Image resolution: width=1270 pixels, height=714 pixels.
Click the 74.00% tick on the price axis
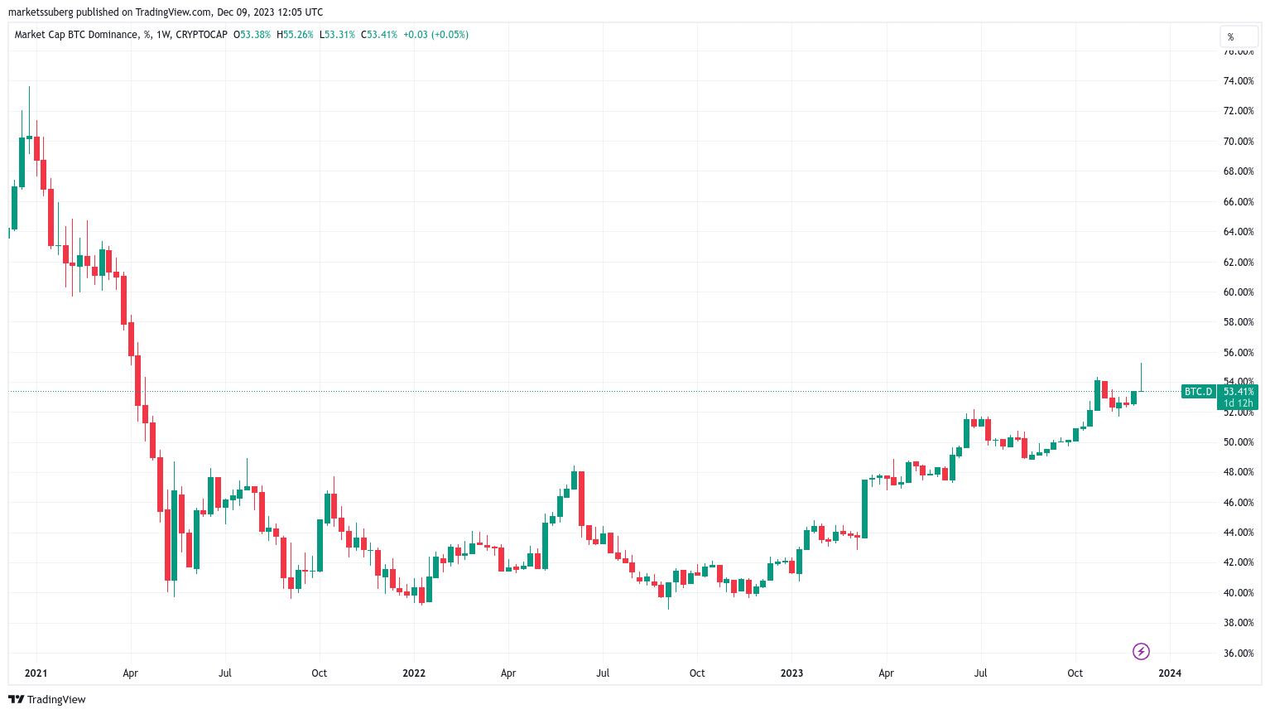1239,81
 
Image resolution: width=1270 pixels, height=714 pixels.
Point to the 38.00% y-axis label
1239,623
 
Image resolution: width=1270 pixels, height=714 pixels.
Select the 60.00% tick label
1239,292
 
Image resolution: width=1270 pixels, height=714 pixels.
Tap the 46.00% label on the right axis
1239,503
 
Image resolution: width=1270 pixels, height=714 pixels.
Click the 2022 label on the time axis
414,673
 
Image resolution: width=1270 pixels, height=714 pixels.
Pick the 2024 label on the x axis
1170,673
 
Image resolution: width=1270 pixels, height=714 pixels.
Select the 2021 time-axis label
36,673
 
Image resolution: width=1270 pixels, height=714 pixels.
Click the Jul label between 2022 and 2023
603,673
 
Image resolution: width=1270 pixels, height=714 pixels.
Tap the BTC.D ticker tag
1198,392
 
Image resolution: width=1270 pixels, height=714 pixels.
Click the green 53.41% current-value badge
1239,392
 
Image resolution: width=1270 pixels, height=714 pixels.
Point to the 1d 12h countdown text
1239,403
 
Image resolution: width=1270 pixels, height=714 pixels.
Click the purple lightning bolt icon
1141,652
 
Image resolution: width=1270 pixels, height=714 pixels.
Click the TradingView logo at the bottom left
47,700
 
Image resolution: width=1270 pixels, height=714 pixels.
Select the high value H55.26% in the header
295,35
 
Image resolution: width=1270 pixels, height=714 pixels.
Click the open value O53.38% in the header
252,35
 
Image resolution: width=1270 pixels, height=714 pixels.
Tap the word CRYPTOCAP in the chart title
201,35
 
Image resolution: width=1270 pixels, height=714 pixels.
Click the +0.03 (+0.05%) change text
435,35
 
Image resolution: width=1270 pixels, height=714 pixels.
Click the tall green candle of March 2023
864,509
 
